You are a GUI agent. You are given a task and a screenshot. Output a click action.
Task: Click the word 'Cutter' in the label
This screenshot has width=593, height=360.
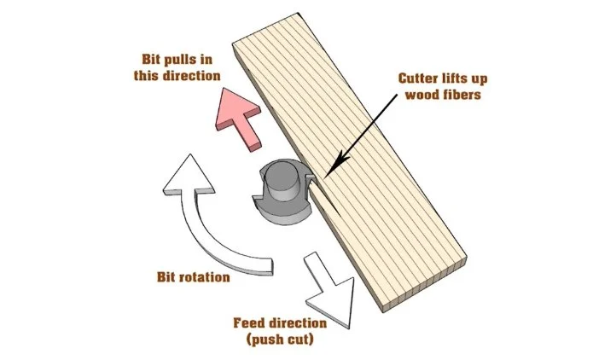[x=421, y=77]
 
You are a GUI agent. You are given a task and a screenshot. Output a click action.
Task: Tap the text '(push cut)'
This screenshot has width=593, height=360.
[x=279, y=340]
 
